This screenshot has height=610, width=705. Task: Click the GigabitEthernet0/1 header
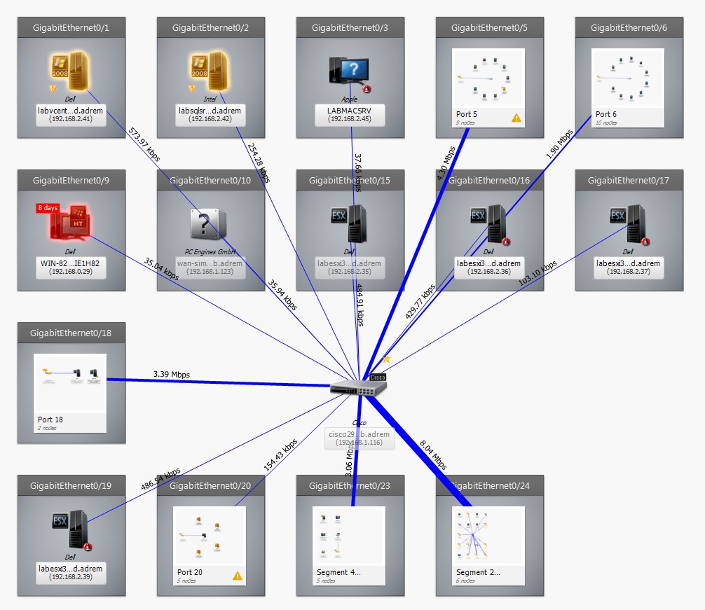click(x=71, y=28)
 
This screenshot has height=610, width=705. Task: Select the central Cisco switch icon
click(x=358, y=387)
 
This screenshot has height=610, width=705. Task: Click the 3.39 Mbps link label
click(x=171, y=374)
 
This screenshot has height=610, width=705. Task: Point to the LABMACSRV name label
click(x=350, y=111)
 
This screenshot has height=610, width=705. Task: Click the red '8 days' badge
click(x=48, y=208)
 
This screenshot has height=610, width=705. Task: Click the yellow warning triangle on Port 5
click(x=516, y=118)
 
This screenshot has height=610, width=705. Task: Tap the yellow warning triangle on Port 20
click(x=237, y=576)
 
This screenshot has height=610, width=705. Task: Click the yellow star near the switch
click(x=386, y=359)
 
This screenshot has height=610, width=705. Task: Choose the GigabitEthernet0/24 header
click(x=490, y=485)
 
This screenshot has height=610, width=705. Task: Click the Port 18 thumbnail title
click(x=51, y=420)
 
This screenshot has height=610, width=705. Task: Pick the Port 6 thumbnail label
click(x=606, y=114)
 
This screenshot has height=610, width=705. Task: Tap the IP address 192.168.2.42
click(x=210, y=119)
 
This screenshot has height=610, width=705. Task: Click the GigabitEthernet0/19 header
click(x=71, y=485)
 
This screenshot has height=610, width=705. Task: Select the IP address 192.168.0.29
click(x=71, y=271)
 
